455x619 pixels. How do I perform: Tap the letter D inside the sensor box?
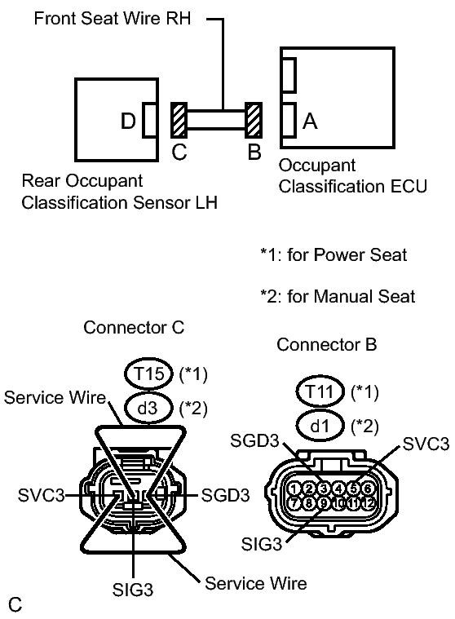(128, 122)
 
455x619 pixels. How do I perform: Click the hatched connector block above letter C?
(179, 121)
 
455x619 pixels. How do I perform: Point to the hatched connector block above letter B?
(254, 121)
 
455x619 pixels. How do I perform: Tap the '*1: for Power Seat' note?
(334, 255)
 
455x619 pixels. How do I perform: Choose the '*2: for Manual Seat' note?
(338, 297)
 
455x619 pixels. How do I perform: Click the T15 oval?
(149, 374)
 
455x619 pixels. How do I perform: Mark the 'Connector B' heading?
(326, 345)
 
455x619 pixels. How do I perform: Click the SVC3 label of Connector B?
(426, 444)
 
